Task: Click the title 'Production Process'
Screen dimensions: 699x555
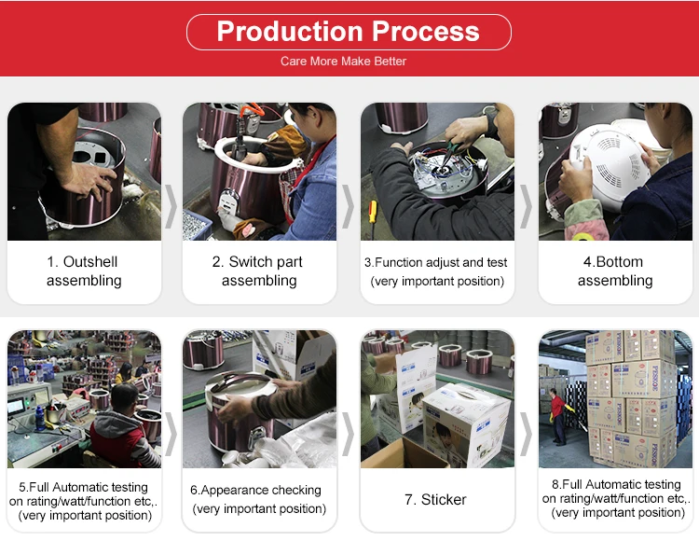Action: click(x=349, y=31)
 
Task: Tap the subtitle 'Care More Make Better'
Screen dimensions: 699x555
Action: click(x=343, y=62)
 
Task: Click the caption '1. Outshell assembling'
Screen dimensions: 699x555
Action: click(x=84, y=271)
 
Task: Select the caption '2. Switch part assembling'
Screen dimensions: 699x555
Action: click(x=259, y=271)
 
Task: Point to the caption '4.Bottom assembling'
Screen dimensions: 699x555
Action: click(x=615, y=271)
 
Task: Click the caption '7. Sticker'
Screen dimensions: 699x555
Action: click(x=435, y=500)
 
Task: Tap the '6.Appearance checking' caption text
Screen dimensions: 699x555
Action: click(x=255, y=490)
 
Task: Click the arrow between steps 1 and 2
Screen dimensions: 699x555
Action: click(x=171, y=206)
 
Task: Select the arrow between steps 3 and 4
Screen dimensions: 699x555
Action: click(x=526, y=206)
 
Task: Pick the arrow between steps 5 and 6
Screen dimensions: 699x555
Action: click(x=171, y=434)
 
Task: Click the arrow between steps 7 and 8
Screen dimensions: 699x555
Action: click(x=526, y=434)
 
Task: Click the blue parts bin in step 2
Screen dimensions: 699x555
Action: click(x=196, y=224)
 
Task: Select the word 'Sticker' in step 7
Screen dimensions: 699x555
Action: click(x=444, y=500)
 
